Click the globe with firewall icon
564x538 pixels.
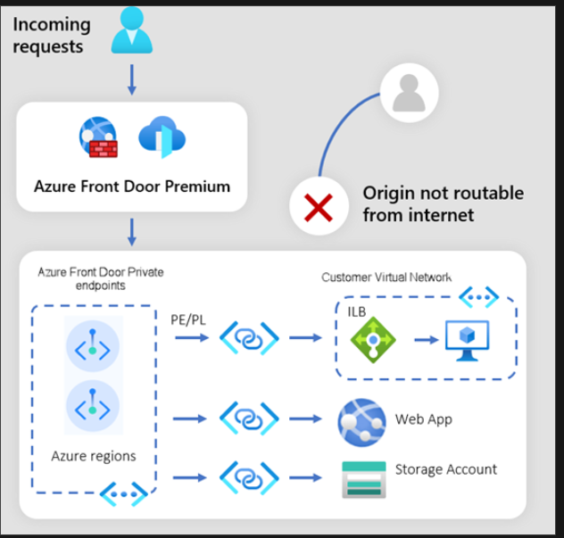click(98, 138)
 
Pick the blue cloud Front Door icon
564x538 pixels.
click(162, 138)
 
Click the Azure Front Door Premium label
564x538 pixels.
click(132, 186)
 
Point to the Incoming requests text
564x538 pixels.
click(52, 36)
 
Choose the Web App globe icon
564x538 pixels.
click(361, 421)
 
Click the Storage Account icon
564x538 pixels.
click(363, 479)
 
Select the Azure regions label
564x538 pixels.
click(94, 456)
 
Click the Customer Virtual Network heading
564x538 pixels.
click(387, 277)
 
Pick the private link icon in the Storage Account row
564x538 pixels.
click(249, 478)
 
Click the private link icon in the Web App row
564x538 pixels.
click(249, 417)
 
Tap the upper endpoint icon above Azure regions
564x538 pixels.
click(92, 343)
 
